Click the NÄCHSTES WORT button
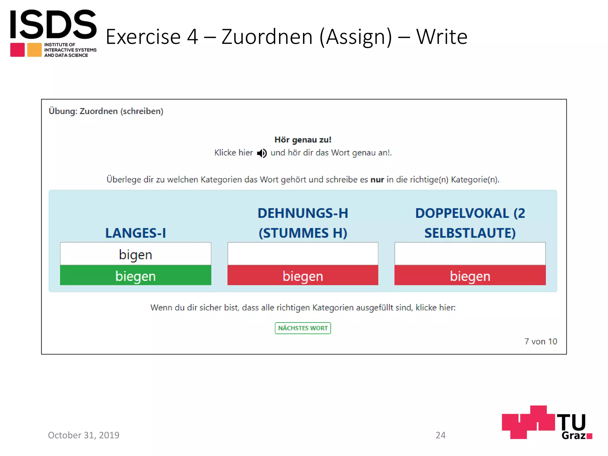click(303, 328)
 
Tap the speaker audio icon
click(262, 153)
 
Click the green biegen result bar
click(135, 276)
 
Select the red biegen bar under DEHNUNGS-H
click(303, 276)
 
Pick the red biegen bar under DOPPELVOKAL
click(470, 276)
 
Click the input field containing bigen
click(135, 254)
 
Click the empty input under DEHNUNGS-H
click(303, 254)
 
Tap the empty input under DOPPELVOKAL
click(470, 254)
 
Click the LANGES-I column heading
click(135, 233)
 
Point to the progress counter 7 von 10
click(541, 341)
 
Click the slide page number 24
click(440, 435)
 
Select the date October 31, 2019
click(83, 435)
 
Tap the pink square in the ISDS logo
click(18, 50)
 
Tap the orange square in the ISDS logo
click(34, 50)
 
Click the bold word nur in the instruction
click(377, 180)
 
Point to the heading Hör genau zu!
click(303, 140)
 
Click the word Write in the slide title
click(441, 37)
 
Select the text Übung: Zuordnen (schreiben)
click(106, 111)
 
